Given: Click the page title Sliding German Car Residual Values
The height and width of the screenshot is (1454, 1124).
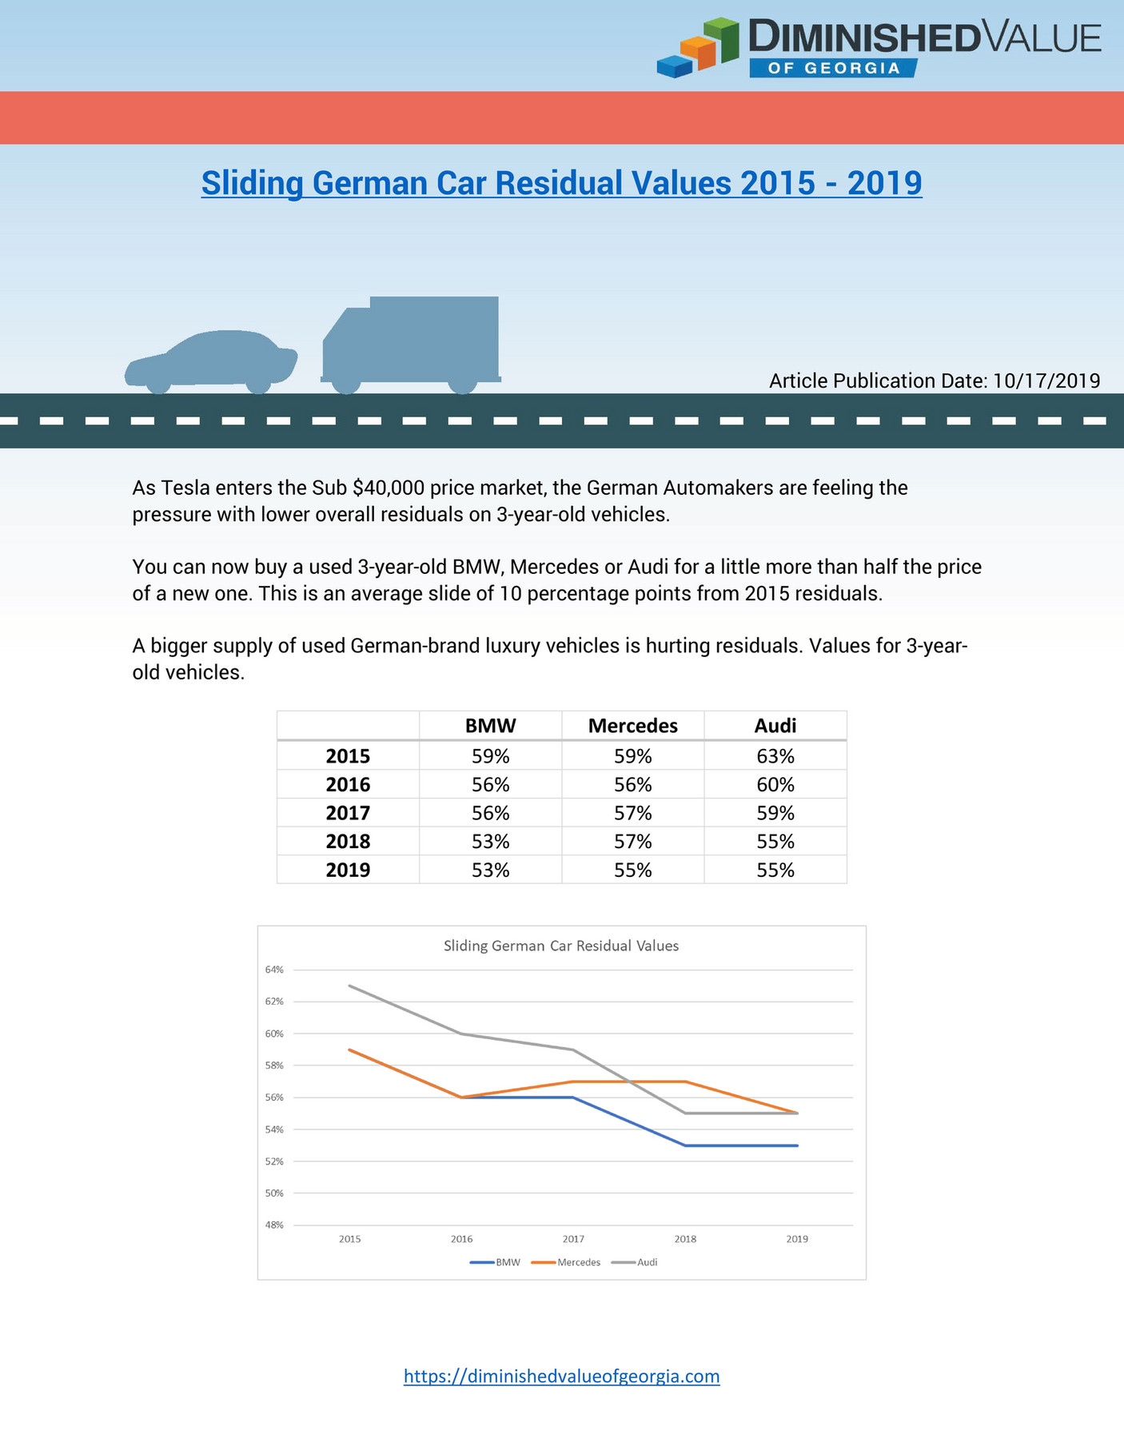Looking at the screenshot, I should coord(561,183).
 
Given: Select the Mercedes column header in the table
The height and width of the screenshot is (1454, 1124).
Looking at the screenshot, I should coord(632,726).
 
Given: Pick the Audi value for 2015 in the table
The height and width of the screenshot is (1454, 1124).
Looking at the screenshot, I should coord(775,756).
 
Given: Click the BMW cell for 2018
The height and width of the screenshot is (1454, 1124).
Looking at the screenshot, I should coord(490,842).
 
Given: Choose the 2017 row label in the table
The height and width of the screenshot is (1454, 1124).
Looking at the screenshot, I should coord(348,813).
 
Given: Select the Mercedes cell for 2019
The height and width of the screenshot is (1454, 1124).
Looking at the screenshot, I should coord(632,870).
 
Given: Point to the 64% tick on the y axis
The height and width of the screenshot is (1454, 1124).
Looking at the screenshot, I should coord(274,970).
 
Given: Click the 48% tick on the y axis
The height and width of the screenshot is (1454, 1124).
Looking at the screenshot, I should coord(274,1225).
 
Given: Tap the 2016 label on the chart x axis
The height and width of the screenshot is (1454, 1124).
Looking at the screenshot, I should coord(461,1239).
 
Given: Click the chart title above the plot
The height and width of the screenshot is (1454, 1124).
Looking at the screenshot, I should coord(560,946).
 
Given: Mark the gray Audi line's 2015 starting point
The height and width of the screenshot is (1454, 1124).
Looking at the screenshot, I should coord(350,986).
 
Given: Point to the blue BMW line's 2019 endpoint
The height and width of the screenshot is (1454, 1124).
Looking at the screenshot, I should coord(797,1145).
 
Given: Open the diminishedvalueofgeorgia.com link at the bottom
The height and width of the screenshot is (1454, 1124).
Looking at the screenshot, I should coord(561,1376).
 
